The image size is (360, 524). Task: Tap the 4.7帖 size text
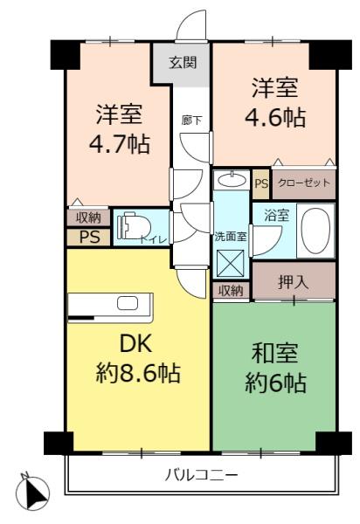[118, 143]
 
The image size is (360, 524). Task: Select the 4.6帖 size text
[275, 116]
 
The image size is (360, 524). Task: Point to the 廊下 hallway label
[192, 121]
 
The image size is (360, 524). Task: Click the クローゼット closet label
[303, 183]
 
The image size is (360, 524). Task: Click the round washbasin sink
[232, 181]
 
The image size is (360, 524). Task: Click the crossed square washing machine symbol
[231, 262]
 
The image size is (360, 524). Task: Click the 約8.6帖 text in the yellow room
[138, 374]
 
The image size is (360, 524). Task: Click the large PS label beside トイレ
[88, 237]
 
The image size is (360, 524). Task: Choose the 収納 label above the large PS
[88, 217]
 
